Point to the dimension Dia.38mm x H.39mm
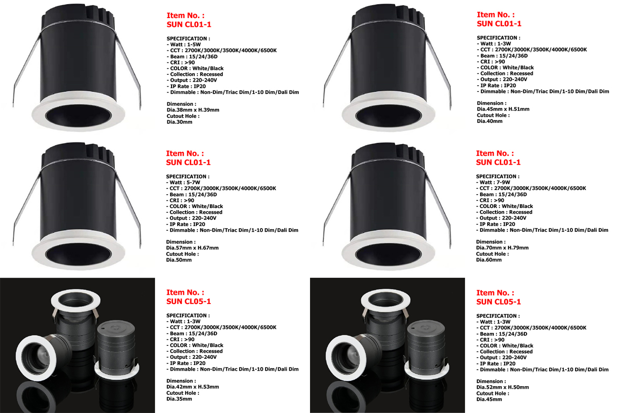(x=193, y=110)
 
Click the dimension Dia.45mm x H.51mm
(x=503, y=109)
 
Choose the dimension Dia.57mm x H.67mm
(x=192, y=248)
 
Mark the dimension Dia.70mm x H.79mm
(x=502, y=248)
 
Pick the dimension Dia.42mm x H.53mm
(x=193, y=387)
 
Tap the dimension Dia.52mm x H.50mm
(x=503, y=387)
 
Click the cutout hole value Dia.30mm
(x=179, y=122)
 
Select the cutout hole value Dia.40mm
(x=489, y=121)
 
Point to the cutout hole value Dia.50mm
(x=179, y=260)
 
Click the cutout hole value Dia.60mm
(x=489, y=260)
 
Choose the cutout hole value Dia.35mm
(x=179, y=399)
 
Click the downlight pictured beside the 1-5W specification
(x=78, y=68)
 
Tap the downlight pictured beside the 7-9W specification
(x=388, y=206)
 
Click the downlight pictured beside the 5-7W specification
(x=78, y=206)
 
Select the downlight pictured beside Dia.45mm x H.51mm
(x=388, y=68)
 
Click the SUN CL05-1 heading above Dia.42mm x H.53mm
(x=189, y=301)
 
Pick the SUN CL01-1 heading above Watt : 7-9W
(x=498, y=163)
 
